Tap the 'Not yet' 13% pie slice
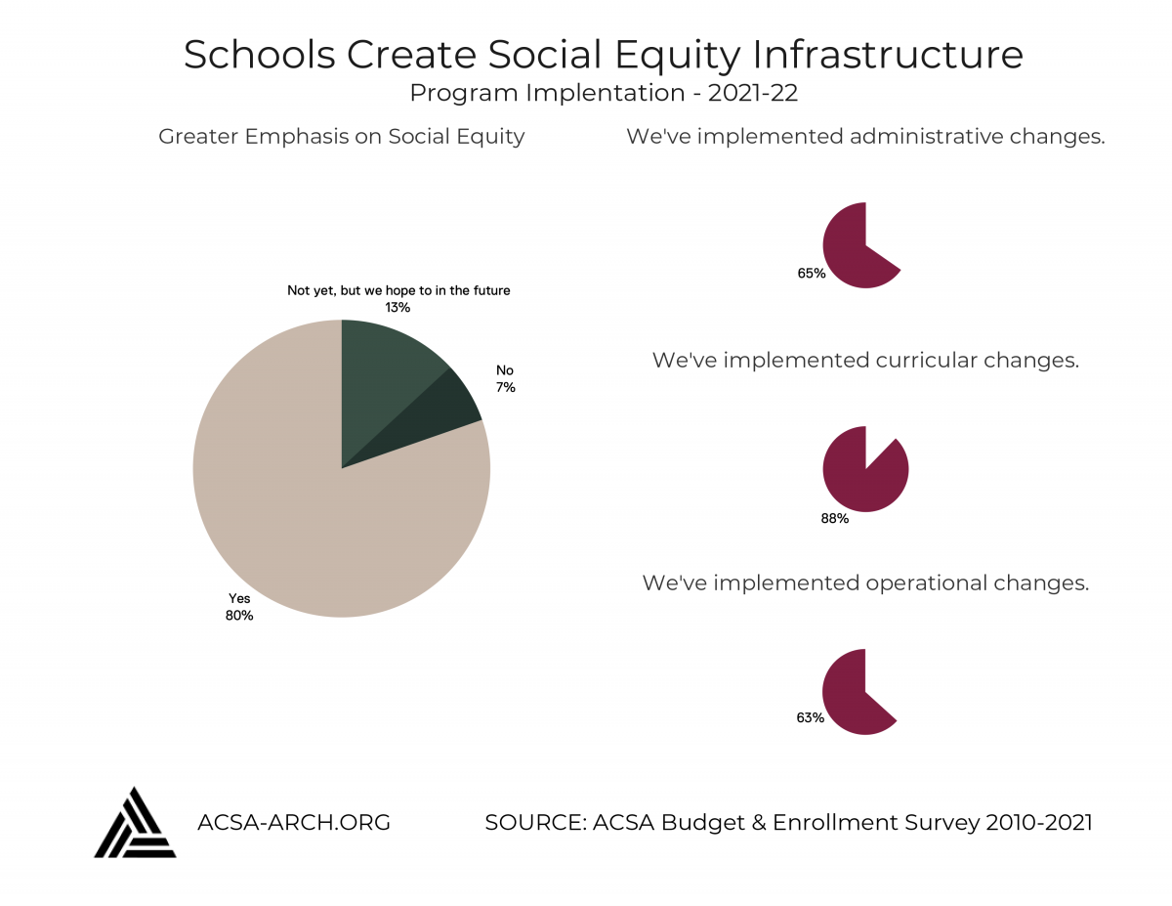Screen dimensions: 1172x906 383,372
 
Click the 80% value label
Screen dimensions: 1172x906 239,615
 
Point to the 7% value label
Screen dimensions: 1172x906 506,387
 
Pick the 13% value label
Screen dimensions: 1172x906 398,307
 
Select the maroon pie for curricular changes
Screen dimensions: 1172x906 865,478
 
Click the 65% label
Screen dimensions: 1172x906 812,273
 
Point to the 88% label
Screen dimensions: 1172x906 834,518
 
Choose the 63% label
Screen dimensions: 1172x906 810,717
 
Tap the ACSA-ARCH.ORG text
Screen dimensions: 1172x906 293,822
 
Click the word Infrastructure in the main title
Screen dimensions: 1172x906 887,55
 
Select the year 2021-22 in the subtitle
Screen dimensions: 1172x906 752,93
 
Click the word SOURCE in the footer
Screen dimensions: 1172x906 535,822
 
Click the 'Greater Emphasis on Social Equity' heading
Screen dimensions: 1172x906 342,137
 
